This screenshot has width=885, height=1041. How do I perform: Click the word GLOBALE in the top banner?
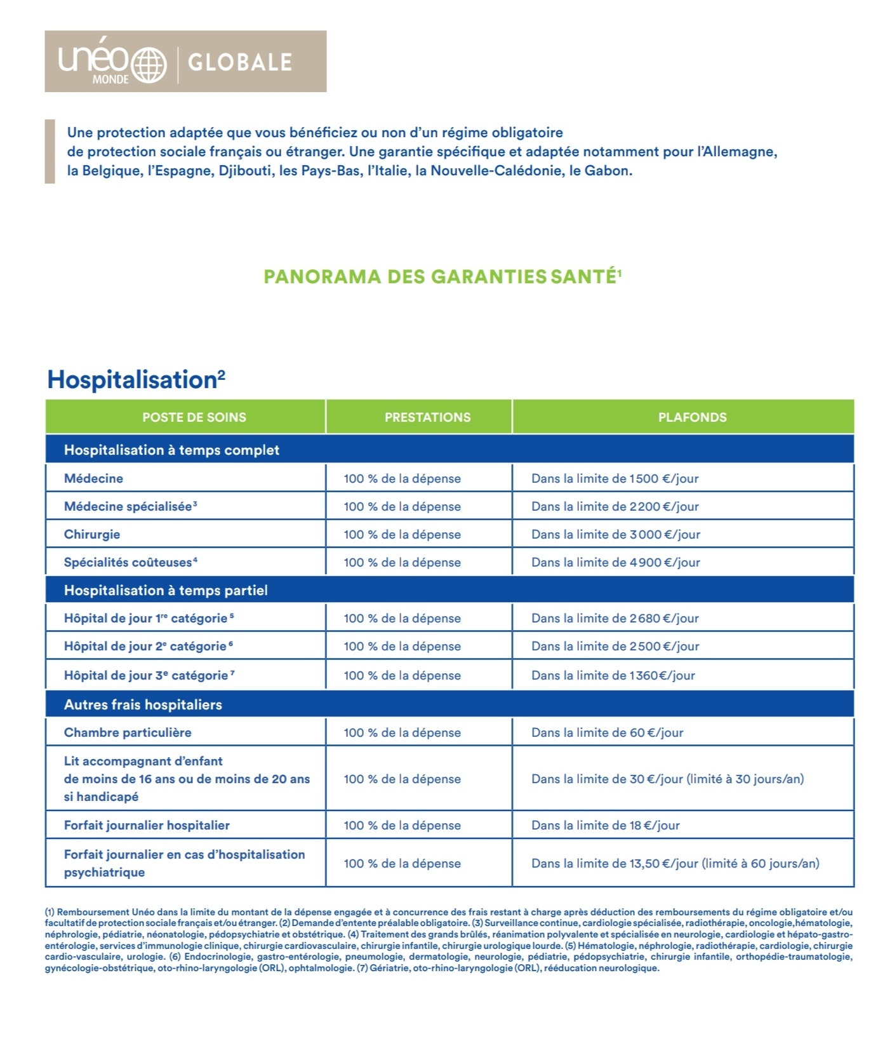(240, 62)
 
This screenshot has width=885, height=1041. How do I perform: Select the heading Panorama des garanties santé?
(442, 277)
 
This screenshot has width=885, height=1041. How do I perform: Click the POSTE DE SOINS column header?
(194, 417)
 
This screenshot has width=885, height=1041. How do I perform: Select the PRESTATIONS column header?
(427, 417)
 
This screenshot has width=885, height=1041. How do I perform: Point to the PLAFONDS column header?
(692, 417)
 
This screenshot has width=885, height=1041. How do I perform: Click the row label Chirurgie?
(92, 534)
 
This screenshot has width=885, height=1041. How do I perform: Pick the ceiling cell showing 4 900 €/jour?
(615, 562)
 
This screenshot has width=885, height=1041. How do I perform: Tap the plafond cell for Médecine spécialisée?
(615, 506)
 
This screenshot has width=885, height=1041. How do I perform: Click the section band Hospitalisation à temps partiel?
(166, 590)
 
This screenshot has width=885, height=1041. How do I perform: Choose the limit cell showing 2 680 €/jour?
(615, 618)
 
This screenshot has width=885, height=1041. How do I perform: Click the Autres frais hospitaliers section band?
(143, 704)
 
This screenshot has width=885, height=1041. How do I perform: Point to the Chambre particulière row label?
(128, 732)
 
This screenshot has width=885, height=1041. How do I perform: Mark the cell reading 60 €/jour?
(607, 732)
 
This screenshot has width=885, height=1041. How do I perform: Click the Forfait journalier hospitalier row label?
(147, 825)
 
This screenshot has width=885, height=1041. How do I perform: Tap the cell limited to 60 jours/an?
(675, 863)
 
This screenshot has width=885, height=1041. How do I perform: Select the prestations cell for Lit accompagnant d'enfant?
(402, 779)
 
